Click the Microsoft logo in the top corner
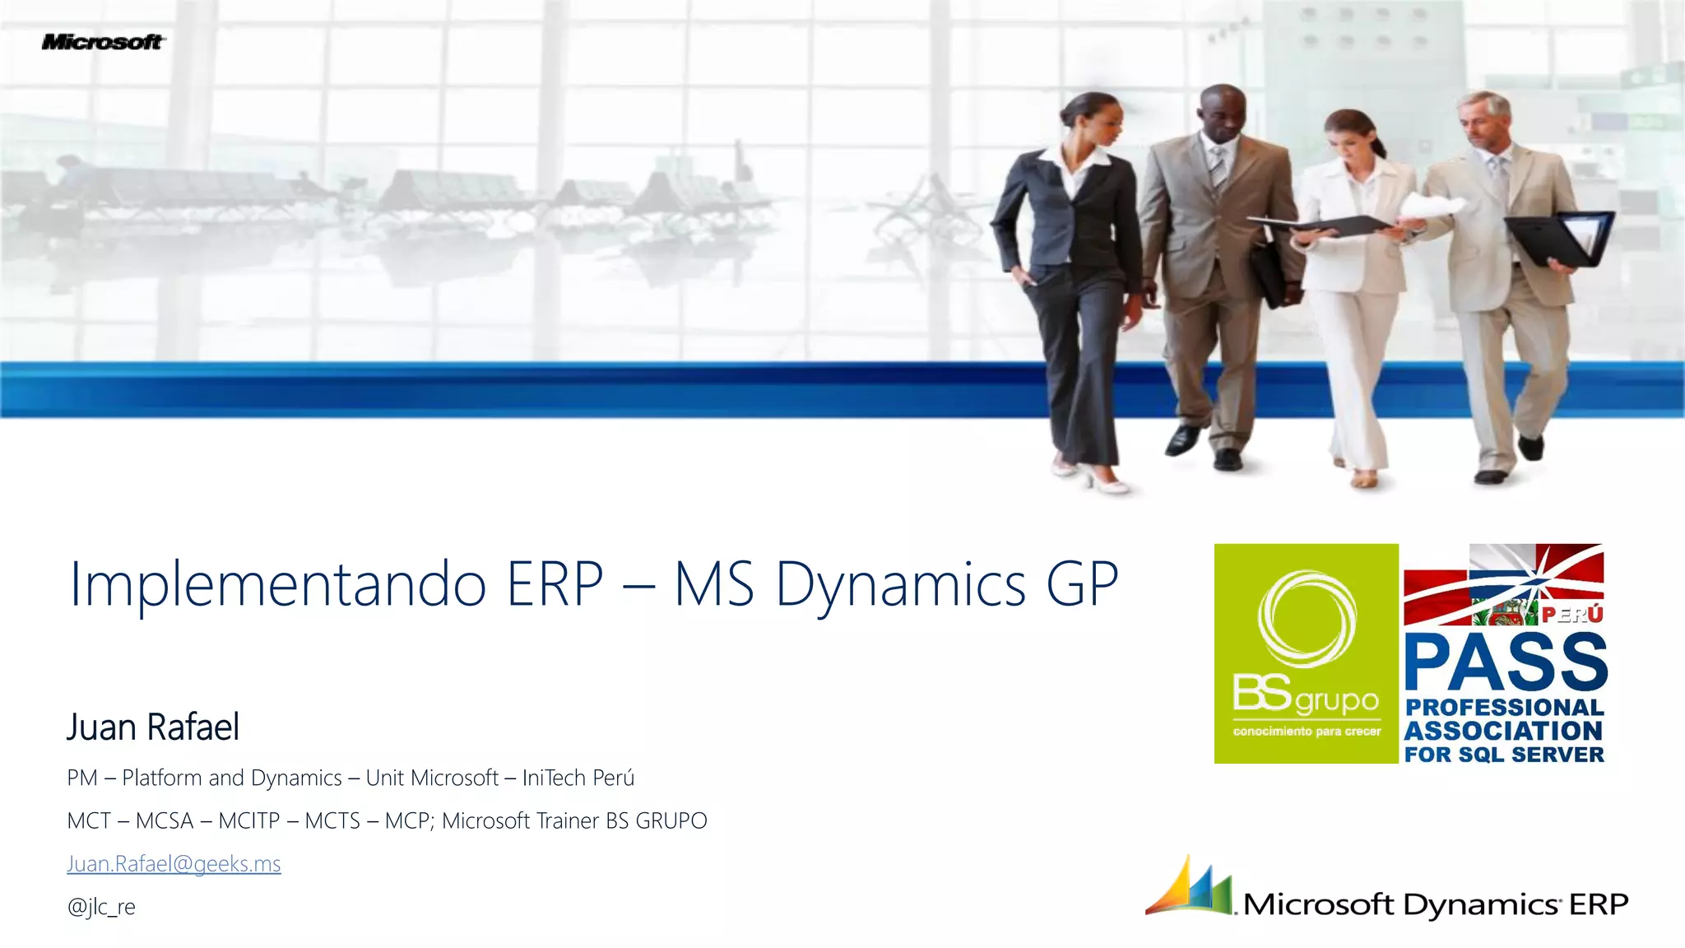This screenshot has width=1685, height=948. [x=103, y=42]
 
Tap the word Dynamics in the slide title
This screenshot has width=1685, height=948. [x=901, y=585]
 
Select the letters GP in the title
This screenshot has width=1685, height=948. [x=1082, y=583]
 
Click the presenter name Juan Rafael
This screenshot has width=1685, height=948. [x=153, y=727]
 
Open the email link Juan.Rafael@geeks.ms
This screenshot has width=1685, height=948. [x=174, y=863]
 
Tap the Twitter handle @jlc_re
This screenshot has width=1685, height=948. [x=101, y=907]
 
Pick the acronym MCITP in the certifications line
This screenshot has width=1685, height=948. [x=249, y=820]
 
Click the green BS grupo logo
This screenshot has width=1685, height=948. [x=1306, y=653]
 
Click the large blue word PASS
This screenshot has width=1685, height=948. [x=1505, y=663]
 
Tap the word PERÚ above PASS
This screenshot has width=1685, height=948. [x=1572, y=615]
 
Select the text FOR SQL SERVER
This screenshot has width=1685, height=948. [x=1504, y=755]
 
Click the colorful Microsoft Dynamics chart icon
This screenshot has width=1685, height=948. [x=1191, y=887]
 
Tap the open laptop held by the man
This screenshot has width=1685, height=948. [x=1563, y=239]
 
